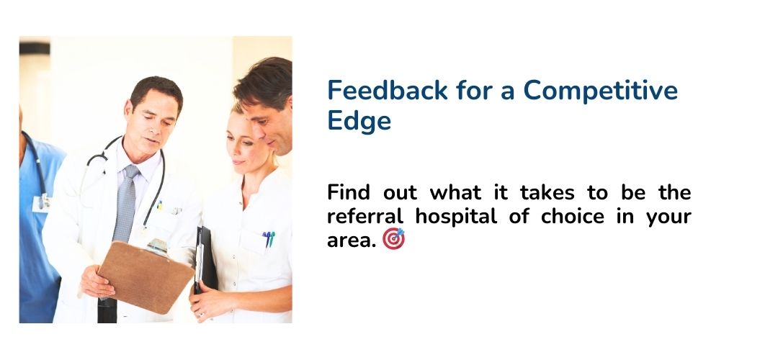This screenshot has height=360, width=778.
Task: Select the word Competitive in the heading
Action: click(x=601, y=91)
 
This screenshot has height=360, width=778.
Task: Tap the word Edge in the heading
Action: click(x=359, y=120)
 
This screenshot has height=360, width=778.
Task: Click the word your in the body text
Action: click(x=669, y=217)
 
